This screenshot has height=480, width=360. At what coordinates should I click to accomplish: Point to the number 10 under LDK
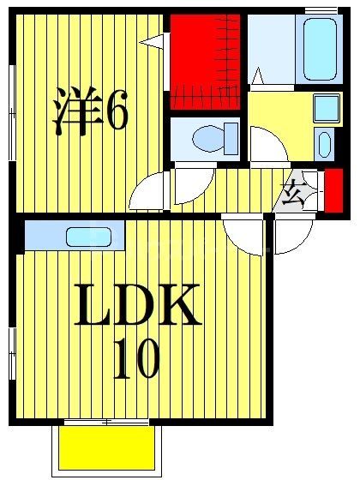click(x=136, y=360)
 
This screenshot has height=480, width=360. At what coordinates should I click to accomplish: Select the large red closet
click(x=206, y=60)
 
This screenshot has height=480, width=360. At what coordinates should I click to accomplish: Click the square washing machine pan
click(x=327, y=109)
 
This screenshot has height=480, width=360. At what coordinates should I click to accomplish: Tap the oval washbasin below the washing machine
click(x=324, y=143)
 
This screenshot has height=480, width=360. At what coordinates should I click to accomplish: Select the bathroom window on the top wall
click(x=321, y=11)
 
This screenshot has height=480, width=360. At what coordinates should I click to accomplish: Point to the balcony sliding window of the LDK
click(x=107, y=422)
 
